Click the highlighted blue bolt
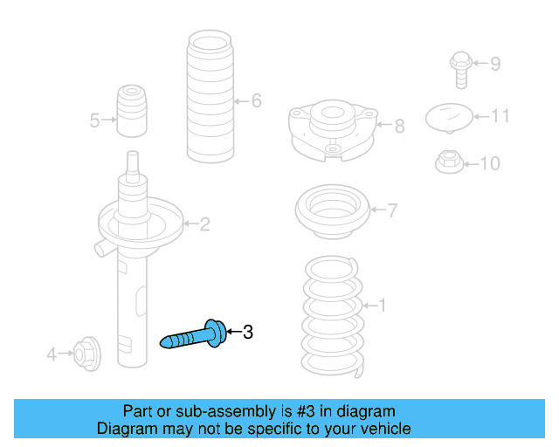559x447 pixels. (194, 335)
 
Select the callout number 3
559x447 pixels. (248, 332)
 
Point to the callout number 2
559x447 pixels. (204, 225)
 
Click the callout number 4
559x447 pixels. (52, 354)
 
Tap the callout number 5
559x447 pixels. (94, 120)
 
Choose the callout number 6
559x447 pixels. (256, 101)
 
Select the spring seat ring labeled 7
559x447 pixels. (332, 212)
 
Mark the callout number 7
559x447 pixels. (392, 210)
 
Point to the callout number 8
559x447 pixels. (399, 127)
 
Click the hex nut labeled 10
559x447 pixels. (448, 162)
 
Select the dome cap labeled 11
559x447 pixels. (448, 116)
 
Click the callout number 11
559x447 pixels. (499, 115)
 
